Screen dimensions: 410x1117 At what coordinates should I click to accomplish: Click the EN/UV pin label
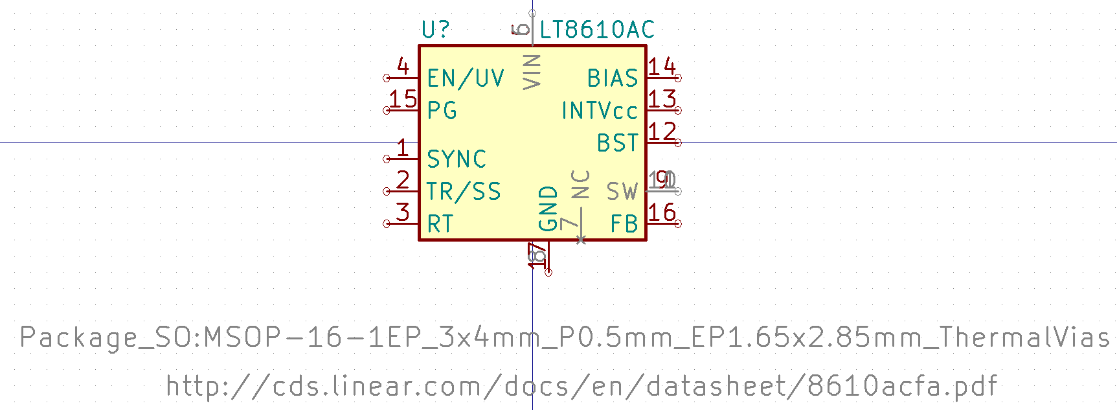coord(466,78)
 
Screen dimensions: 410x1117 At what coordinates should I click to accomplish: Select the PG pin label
coord(442,111)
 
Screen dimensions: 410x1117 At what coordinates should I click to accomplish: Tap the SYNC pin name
coord(457,159)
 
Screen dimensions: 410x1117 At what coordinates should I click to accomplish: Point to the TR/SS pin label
coord(464,192)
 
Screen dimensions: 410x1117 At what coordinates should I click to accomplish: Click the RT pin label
coord(440,224)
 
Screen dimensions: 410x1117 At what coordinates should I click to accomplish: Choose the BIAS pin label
coord(613,78)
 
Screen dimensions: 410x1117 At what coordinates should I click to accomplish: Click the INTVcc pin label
coord(600,111)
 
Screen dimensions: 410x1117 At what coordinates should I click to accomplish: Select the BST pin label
coord(618,143)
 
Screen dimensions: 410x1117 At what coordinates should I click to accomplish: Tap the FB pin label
coord(624,224)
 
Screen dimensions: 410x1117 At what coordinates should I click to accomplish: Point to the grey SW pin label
coord(622,192)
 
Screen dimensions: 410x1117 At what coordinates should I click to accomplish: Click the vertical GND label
coord(548,209)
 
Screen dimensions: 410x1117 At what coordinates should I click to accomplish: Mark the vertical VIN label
coord(532,71)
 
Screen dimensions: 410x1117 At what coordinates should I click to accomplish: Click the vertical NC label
coord(581,184)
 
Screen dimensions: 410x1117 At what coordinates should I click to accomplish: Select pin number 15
coord(403,99)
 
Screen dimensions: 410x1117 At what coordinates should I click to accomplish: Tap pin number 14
coord(662,67)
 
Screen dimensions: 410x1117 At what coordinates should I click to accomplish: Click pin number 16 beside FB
coord(662,212)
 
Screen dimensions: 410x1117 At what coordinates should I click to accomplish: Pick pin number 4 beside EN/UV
coord(403,67)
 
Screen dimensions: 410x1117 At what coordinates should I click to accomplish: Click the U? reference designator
coord(435,30)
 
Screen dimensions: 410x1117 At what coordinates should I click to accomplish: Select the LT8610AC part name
coord(597,30)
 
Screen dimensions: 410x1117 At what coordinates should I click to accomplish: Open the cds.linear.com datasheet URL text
coord(581,387)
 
